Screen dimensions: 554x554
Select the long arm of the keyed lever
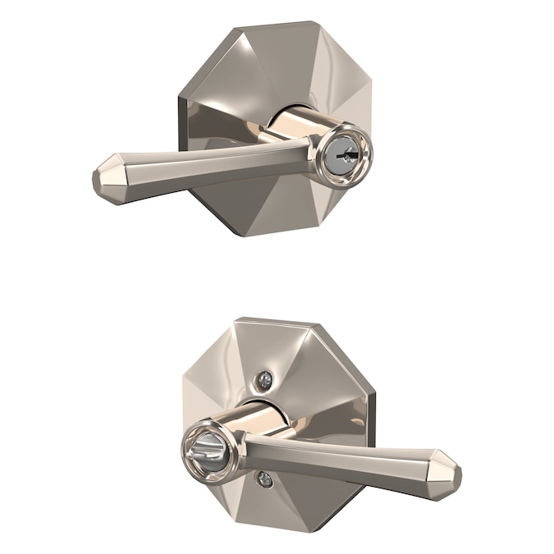205,164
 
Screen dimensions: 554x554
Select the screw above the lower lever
264,380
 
